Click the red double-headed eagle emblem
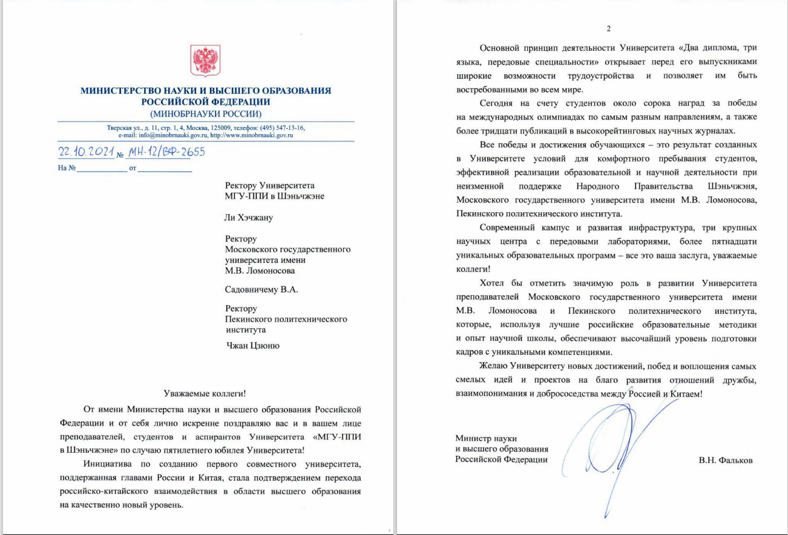click(206, 60)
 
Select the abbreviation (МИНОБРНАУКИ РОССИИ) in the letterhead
click(206, 113)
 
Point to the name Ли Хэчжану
click(248, 217)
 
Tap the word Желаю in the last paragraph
click(493, 366)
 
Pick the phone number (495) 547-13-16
click(283, 128)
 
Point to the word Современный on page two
click(509, 228)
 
